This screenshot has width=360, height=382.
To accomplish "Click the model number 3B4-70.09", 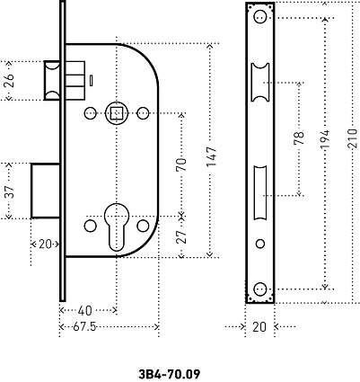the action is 170,374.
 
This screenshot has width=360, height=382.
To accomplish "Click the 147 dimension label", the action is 211,156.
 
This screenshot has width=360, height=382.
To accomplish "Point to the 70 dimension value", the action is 181,164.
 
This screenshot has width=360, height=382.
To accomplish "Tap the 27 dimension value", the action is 181,236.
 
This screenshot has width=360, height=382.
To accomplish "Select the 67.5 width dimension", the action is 84,326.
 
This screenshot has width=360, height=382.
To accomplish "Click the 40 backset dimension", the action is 84,311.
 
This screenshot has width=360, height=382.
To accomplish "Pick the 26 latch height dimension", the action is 10,80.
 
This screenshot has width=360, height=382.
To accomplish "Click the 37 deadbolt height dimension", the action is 10,191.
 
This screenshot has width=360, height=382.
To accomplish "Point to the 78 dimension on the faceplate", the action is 299,138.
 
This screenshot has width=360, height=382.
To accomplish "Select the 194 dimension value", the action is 325,138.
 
